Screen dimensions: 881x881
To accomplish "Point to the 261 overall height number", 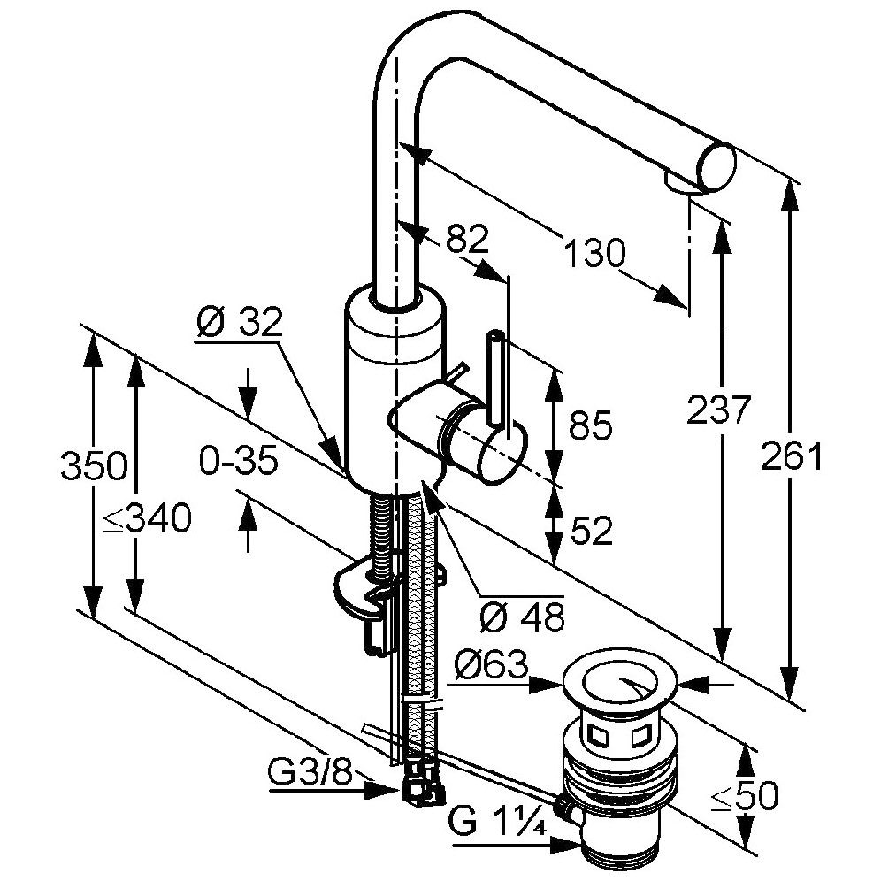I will (x=793, y=456).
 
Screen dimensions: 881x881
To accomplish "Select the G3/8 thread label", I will (x=309, y=775).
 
